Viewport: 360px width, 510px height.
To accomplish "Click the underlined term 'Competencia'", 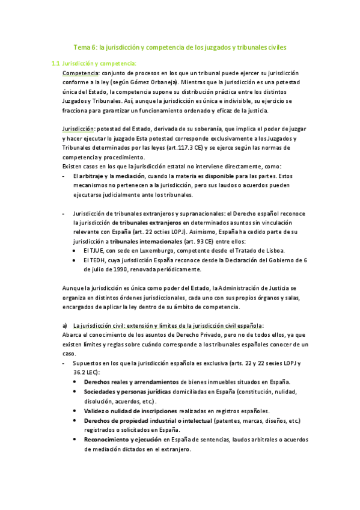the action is [81, 73].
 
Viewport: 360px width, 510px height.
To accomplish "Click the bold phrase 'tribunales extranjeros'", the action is [147, 223].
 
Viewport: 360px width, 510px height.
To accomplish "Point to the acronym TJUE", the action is [98, 251].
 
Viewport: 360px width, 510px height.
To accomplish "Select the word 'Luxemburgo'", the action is [160, 251].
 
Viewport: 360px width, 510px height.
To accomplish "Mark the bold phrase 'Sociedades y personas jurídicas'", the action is [128, 392].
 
